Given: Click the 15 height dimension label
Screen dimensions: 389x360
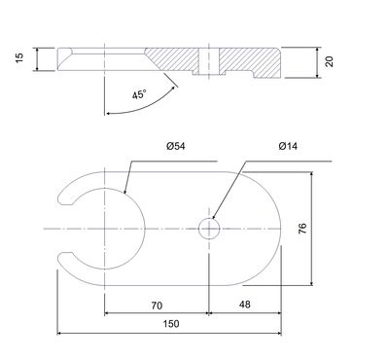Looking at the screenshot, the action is pyautogui.click(x=19, y=57).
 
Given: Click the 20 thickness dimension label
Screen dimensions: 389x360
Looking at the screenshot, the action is pyautogui.click(x=330, y=61).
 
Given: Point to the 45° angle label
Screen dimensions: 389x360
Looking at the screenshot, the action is pyautogui.click(x=139, y=94).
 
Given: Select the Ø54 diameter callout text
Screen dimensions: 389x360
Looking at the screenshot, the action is pyautogui.click(x=176, y=146).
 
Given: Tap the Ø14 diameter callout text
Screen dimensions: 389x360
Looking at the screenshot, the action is pyautogui.click(x=288, y=146).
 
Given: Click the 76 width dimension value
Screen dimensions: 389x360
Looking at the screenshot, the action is pyautogui.click(x=302, y=229).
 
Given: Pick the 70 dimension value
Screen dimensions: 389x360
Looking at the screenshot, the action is pyautogui.click(x=157, y=306).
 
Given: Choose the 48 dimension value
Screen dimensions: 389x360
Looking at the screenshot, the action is pyautogui.click(x=245, y=305).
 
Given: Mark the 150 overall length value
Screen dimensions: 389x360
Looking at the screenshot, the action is pyautogui.click(x=171, y=324).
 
